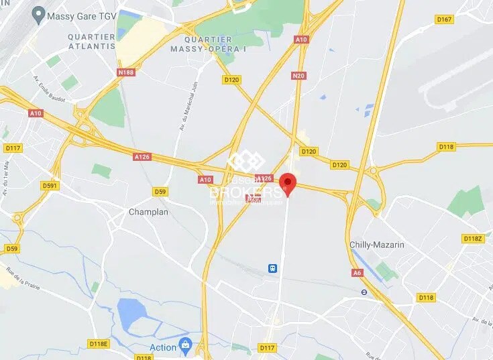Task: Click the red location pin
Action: [x=288, y=182]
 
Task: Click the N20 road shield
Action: [x=298, y=76]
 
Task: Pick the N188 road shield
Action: [x=125, y=72]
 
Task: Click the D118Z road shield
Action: [x=472, y=239]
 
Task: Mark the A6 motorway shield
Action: [x=358, y=273]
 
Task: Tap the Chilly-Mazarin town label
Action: [x=377, y=245]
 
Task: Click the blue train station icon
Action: [x=273, y=268]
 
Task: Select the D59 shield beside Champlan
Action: [x=160, y=192]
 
